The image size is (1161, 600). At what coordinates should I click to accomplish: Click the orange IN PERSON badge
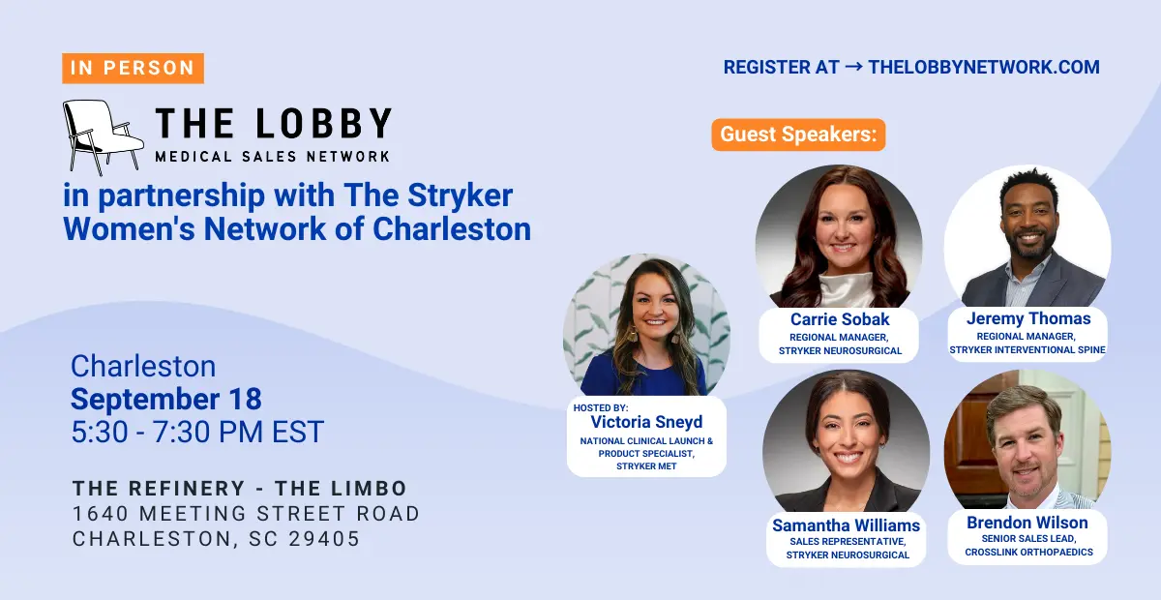(133, 68)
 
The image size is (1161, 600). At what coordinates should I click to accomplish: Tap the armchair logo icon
(103, 137)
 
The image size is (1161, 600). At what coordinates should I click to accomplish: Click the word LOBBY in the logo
(323, 124)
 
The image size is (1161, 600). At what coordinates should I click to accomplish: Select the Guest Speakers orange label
(798, 135)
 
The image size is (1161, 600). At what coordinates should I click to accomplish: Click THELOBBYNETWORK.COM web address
(984, 68)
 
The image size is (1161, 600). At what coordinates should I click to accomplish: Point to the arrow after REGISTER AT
(853, 67)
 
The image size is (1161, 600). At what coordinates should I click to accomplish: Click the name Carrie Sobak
(840, 319)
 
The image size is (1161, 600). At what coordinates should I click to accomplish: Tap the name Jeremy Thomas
(1028, 318)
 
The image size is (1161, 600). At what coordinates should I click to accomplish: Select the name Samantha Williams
(846, 525)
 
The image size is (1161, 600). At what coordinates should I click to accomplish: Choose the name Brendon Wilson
(1027, 523)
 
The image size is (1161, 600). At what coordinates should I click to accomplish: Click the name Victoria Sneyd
(646, 422)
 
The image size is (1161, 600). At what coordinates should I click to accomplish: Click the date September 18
(165, 400)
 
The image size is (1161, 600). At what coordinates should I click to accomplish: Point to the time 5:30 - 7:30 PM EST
(197, 432)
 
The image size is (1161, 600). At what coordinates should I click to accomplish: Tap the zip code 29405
(324, 539)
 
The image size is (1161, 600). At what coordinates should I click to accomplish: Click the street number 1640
(101, 514)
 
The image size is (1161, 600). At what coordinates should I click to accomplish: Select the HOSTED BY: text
(601, 408)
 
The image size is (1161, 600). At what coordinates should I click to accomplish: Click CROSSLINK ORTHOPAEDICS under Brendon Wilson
(1028, 553)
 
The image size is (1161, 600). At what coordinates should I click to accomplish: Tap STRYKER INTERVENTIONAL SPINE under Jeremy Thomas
(1027, 350)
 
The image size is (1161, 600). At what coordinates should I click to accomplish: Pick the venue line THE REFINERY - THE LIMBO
(240, 489)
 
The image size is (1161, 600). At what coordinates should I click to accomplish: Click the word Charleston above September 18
(143, 366)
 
